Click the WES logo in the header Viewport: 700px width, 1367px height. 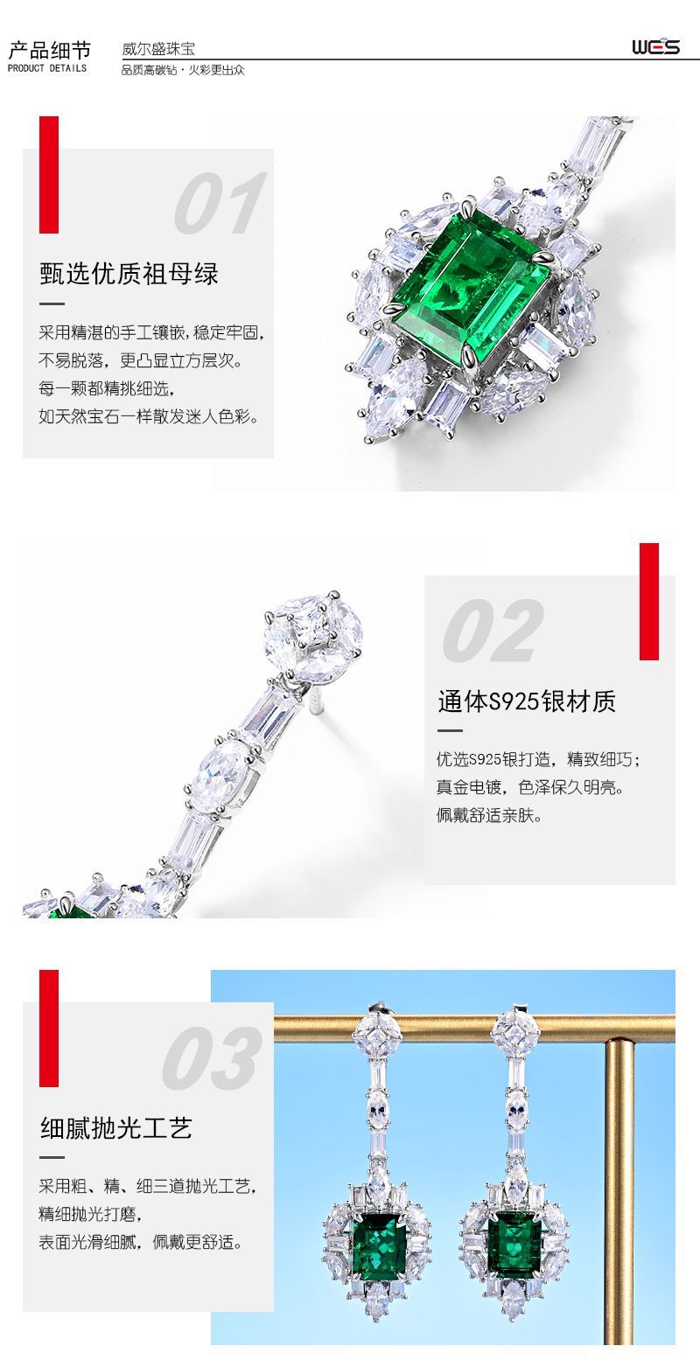click(655, 46)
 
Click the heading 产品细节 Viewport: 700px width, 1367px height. click(49, 49)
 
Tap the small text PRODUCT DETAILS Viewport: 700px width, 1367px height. click(47, 68)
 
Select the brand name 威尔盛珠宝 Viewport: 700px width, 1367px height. click(157, 49)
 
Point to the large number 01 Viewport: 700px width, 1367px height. click(219, 204)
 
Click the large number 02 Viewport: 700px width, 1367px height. click(492, 631)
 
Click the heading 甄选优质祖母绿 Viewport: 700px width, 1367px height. click(129, 274)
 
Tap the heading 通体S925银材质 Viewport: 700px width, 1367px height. click(527, 701)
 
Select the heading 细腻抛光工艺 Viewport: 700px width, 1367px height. click(115, 1128)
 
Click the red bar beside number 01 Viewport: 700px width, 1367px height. click(49, 175)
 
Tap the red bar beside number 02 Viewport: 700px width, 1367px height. click(648, 601)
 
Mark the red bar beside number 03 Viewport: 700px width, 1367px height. click(49, 1028)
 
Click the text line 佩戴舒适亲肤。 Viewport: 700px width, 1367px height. click(490, 816)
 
